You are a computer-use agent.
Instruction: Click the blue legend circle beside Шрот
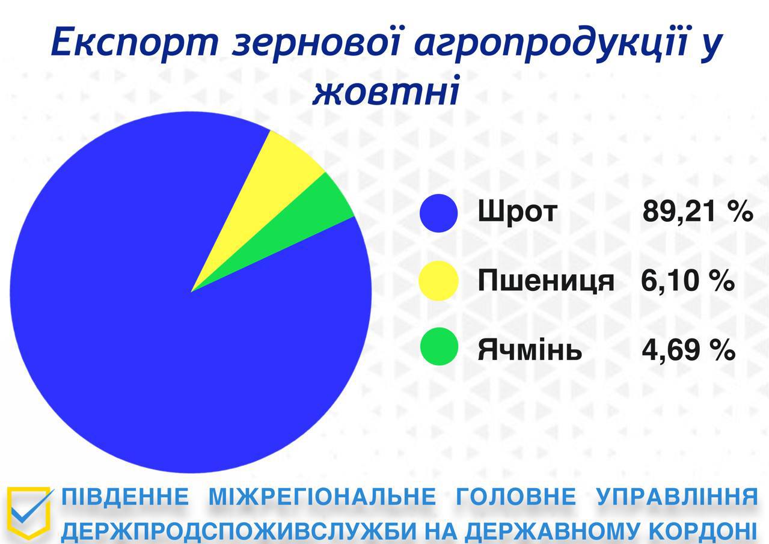pyautogui.click(x=439, y=213)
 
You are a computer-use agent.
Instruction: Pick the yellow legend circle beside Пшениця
pyautogui.click(x=439, y=281)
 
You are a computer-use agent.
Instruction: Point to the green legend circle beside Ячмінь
pyautogui.click(x=439, y=346)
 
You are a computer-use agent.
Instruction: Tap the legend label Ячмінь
pyautogui.click(x=530, y=349)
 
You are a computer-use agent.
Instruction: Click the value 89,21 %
pyautogui.click(x=697, y=212)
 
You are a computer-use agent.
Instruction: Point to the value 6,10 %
pyautogui.click(x=688, y=281)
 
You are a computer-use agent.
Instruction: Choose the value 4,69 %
pyautogui.click(x=688, y=350)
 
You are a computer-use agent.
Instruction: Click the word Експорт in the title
pyautogui.click(x=135, y=43)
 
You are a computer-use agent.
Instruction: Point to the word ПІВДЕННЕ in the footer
pyautogui.click(x=125, y=497)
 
